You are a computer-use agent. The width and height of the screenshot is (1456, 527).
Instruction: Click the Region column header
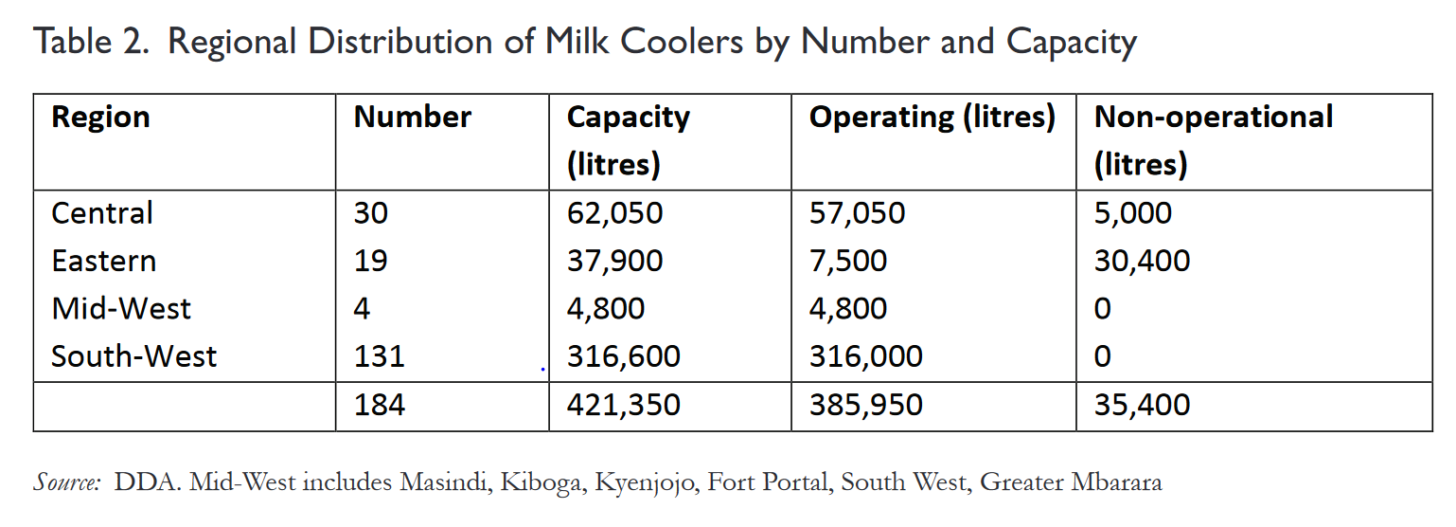[x=100, y=118]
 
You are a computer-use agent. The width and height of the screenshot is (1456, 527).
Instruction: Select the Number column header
[x=412, y=118]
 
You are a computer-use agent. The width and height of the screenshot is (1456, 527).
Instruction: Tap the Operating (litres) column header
[x=932, y=118]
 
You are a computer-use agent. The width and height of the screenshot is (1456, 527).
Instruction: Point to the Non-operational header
[x=1213, y=118]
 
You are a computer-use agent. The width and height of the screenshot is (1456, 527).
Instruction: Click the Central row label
[x=101, y=213]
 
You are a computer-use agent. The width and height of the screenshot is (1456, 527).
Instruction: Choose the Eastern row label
[x=103, y=261]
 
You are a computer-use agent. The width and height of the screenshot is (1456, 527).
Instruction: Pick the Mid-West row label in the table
[x=120, y=309]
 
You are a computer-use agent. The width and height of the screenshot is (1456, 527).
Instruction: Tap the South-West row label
[x=133, y=356]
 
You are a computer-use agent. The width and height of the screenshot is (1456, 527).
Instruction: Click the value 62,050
[x=614, y=213]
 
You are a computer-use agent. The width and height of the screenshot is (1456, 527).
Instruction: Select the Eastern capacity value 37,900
[x=614, y=261]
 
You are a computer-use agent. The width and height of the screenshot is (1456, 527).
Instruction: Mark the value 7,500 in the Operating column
[x=848, y=261]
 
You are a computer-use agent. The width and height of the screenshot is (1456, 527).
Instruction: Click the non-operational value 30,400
[x=1142, y=261]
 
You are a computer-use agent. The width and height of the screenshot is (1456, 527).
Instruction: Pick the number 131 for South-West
[x=379, y=356]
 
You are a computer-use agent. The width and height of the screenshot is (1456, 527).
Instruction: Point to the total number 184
[x=379, y=406]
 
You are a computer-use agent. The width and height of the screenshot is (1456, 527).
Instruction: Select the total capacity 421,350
[x=623, y=406]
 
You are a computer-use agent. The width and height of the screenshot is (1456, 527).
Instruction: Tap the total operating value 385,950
[x=865, y=406]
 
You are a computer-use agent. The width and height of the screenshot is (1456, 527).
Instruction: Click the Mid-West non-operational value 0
[x=1102, y=309]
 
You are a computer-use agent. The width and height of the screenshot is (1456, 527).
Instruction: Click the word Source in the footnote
[x=66, y=482]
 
